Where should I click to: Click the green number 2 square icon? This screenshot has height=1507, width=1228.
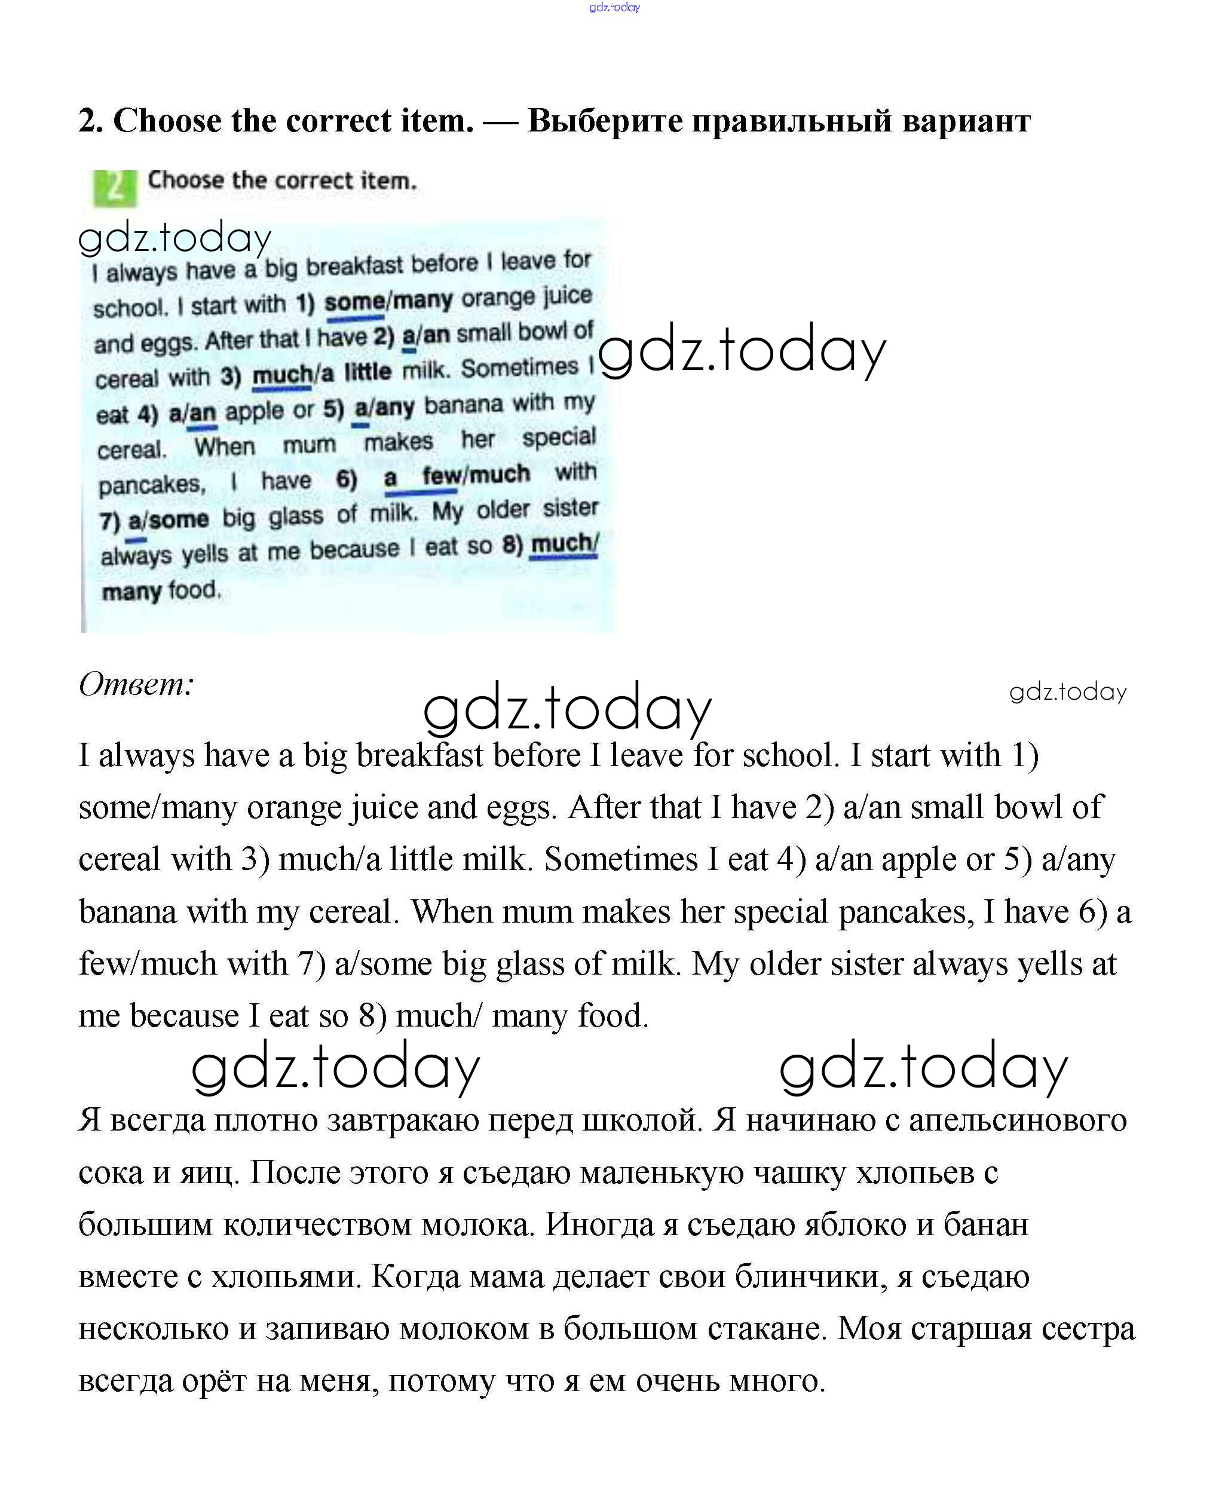tap(115, 188)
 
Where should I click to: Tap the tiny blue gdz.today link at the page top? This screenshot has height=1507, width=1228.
tap(614, 8)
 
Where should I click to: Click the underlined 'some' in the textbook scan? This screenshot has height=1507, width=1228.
tap(354, 303)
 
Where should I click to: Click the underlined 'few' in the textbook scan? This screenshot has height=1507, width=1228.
tap(440, 476)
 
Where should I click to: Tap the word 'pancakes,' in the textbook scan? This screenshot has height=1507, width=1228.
tap(151, 485)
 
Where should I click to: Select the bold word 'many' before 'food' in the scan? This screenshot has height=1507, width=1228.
tap(131, 591)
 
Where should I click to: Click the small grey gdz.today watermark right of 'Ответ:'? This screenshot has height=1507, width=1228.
tap(1067, 691)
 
